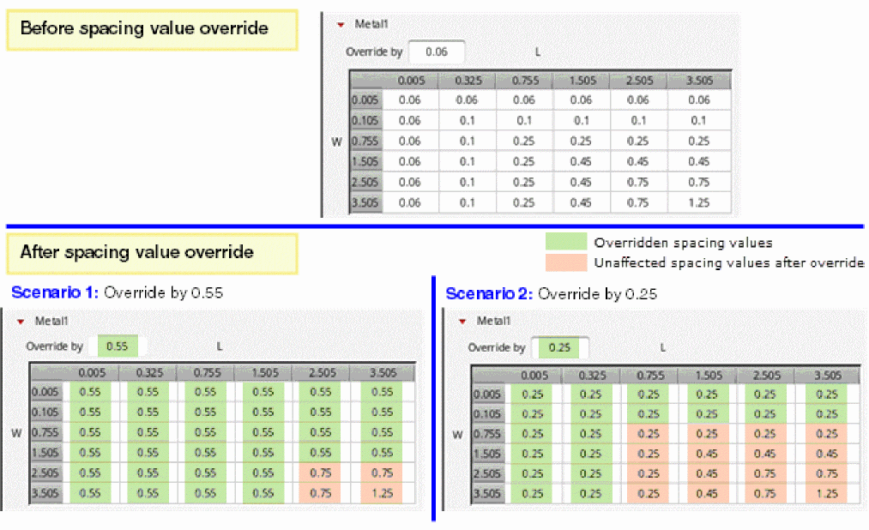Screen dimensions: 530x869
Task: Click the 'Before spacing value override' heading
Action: (144, 28)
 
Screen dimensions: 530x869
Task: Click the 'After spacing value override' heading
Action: (136, 252)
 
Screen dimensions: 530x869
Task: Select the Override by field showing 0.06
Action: (437, 51)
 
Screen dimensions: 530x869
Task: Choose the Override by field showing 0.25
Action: (561, 347)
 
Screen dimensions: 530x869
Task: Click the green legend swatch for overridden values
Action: (565, 242)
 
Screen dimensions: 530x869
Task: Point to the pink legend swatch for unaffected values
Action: (565, 262)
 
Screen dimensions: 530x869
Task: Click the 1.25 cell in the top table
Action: (698, 203)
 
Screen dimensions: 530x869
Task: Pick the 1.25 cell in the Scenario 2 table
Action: (827, 494)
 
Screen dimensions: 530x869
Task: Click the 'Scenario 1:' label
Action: (55, 292)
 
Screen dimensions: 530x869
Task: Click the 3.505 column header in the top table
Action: (698, 81)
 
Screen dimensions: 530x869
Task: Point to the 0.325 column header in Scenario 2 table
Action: (590, 375)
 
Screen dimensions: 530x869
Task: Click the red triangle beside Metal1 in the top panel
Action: (341, 25)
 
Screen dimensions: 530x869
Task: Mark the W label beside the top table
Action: (337, 142)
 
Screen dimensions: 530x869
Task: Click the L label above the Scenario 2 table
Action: (663, 347)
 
